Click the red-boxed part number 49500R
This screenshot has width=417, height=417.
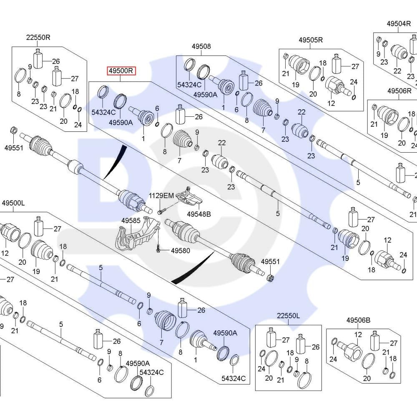point(121,71)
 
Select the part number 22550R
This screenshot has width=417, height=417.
point(38,37)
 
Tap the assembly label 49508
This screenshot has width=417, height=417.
point(201,46)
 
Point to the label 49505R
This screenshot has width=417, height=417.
point(311,40)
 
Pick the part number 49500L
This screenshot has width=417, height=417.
point(13,203)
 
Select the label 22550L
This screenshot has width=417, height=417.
point(288,316)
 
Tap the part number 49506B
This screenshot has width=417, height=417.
point(358,320)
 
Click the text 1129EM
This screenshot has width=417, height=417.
point(162,196)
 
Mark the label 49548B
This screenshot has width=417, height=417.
point(198,214)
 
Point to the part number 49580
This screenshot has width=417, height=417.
point(181,251)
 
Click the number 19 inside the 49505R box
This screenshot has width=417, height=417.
point(296,85)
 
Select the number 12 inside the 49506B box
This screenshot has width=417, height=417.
point(358,334)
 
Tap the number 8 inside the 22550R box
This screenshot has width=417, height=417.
point(19,94)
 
